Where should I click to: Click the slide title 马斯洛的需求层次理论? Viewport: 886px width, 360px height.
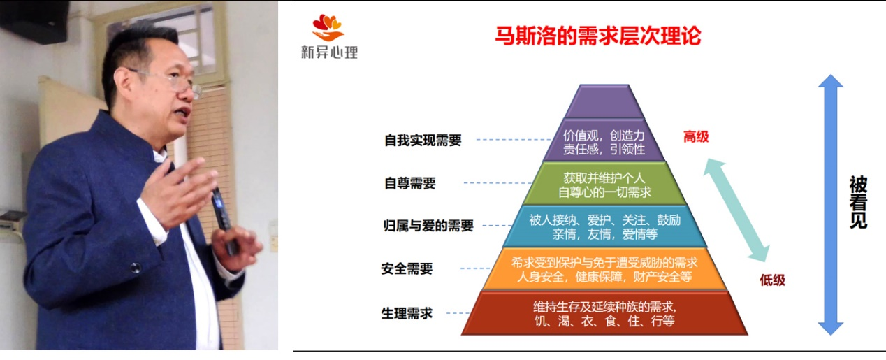pyautogui.click(x=598, y=36)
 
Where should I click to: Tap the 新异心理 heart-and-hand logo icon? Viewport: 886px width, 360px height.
pyautogui.click(x=328, y=28)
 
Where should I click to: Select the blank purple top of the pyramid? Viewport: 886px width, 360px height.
pyautogui.click(x=604, y=101)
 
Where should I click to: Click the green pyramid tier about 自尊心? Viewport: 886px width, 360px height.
pyautogui.click(x=604, y=184)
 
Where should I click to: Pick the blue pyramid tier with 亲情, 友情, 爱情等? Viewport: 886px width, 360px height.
pyautogui.click(x=604, y=226)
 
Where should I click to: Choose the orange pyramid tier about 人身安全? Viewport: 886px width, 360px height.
pyautogui.click(x=604, y=269)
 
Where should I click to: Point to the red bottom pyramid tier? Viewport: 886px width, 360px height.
pyautogui.click(x=604, y=313)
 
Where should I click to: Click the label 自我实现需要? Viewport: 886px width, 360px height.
pyautogui.click(x=423, y=140)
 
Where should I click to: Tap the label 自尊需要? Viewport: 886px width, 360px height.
pyautogui.click(x=409, y=183)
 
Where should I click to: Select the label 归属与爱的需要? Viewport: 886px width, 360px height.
pyautogui.click(x=428, y=226)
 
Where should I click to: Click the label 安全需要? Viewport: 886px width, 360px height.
pyautogui.click(x=407, y=268)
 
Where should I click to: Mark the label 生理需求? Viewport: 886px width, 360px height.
pyautogui.click(x=407, y=313)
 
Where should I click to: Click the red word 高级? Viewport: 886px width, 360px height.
pyautogui.click(x=696, y=137)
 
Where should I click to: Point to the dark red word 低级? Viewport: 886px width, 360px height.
pyautogui.click(x=773, y=280)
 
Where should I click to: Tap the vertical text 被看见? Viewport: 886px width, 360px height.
pyautogui.click(x=858, y=202)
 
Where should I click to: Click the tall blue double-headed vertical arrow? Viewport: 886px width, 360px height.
pyautogui.click(x=831, y=205)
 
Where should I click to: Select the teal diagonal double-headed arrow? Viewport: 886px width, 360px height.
pyautogui.click(x=736, y=210)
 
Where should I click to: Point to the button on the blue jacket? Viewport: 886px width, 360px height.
pyautogui.click(x=136, y=268)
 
